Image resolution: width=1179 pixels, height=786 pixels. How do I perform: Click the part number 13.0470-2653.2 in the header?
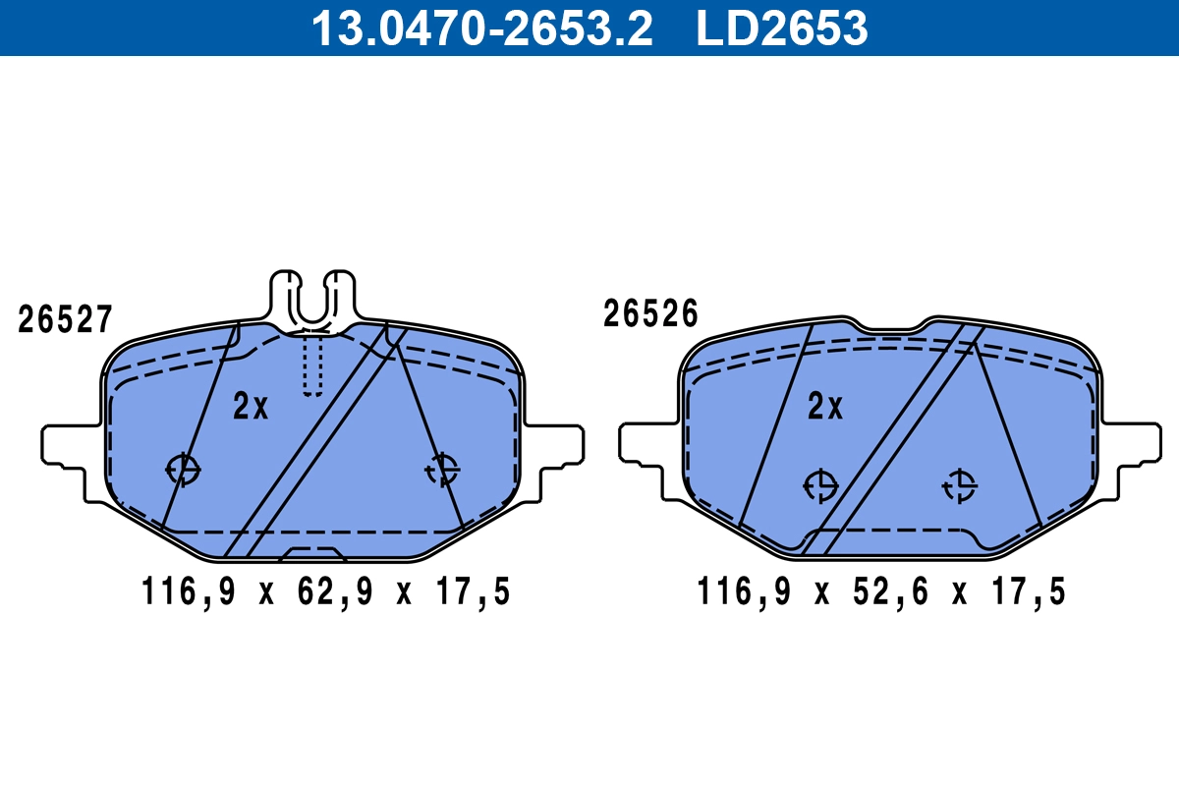coord(481,28)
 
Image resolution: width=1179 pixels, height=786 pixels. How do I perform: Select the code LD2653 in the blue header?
coord(782,28)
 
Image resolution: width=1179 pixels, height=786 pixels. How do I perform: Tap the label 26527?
coord(66,320)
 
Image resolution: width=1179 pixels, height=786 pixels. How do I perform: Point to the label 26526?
coord(650,314)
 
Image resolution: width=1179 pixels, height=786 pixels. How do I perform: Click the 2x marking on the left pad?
coord(251,407)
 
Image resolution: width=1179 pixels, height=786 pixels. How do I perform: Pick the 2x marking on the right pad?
coord(825,407)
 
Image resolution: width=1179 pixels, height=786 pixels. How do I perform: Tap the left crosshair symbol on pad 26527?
coord(183,470)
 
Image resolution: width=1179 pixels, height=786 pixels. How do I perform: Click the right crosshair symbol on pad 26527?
coord(442,470)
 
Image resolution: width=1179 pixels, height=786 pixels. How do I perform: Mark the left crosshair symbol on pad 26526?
coord(819,485)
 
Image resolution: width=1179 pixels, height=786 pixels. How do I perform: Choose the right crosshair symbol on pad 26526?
coord(959,485)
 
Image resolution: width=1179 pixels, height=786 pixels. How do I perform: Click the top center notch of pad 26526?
coord(890,327)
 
